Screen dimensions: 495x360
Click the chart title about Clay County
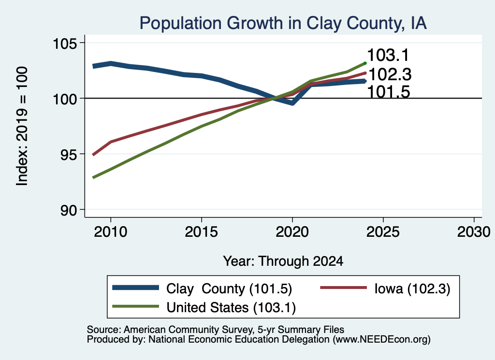(x=283, y=23)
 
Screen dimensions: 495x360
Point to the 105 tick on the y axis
(x=65, y=43)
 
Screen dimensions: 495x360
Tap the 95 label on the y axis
(x=69, y=154)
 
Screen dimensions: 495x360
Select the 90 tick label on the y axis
(x=69, y=210)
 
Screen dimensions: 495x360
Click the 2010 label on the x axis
(x=111, y=232)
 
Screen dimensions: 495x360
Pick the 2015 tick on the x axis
(x=202, y=232)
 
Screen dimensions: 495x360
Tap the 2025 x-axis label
(x=383, y=232)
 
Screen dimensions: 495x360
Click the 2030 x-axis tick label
(x=474, y=232)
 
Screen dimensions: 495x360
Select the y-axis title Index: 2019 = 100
(x=22, y=126)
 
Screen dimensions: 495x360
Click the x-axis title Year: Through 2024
(x=283, y=261)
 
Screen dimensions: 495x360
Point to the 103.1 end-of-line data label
(x=388, y=55)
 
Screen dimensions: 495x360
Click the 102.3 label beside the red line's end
(x=390, y=75)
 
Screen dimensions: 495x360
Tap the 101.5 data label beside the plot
(x=389, y=92)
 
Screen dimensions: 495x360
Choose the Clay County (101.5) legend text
(x=229, y=288)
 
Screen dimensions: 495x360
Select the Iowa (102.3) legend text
(x=412, y=288)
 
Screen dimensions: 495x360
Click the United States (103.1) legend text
(x=231, y=307)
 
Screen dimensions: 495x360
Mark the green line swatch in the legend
(x=135, y=306)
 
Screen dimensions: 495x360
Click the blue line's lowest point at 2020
(x=292, y=103)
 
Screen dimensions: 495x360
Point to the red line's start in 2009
(x=93, y=155)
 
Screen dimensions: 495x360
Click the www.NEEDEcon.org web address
(x=382, y=340)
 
